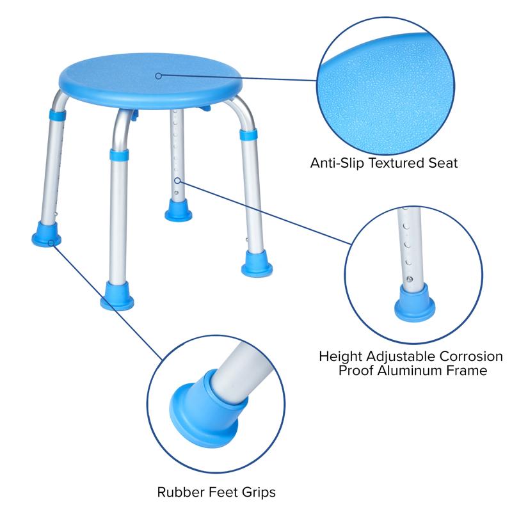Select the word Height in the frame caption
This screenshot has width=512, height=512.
(337, 356)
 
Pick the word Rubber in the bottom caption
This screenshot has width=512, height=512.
(177, 493)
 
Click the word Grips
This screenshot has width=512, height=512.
(259, 493)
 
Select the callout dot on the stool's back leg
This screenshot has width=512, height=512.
(177, 180)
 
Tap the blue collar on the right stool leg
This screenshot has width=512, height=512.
(248, 136)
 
